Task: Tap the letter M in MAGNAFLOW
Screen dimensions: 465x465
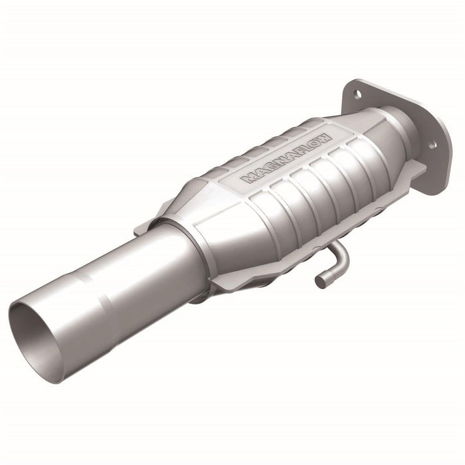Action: pyautogui.click(x=250, y=177)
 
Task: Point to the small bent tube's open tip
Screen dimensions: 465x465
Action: pyautogui.click(x=320, y=282)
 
